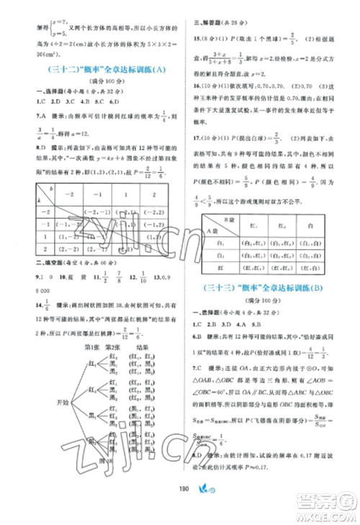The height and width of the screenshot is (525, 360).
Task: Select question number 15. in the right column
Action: click(x=192, y=35)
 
